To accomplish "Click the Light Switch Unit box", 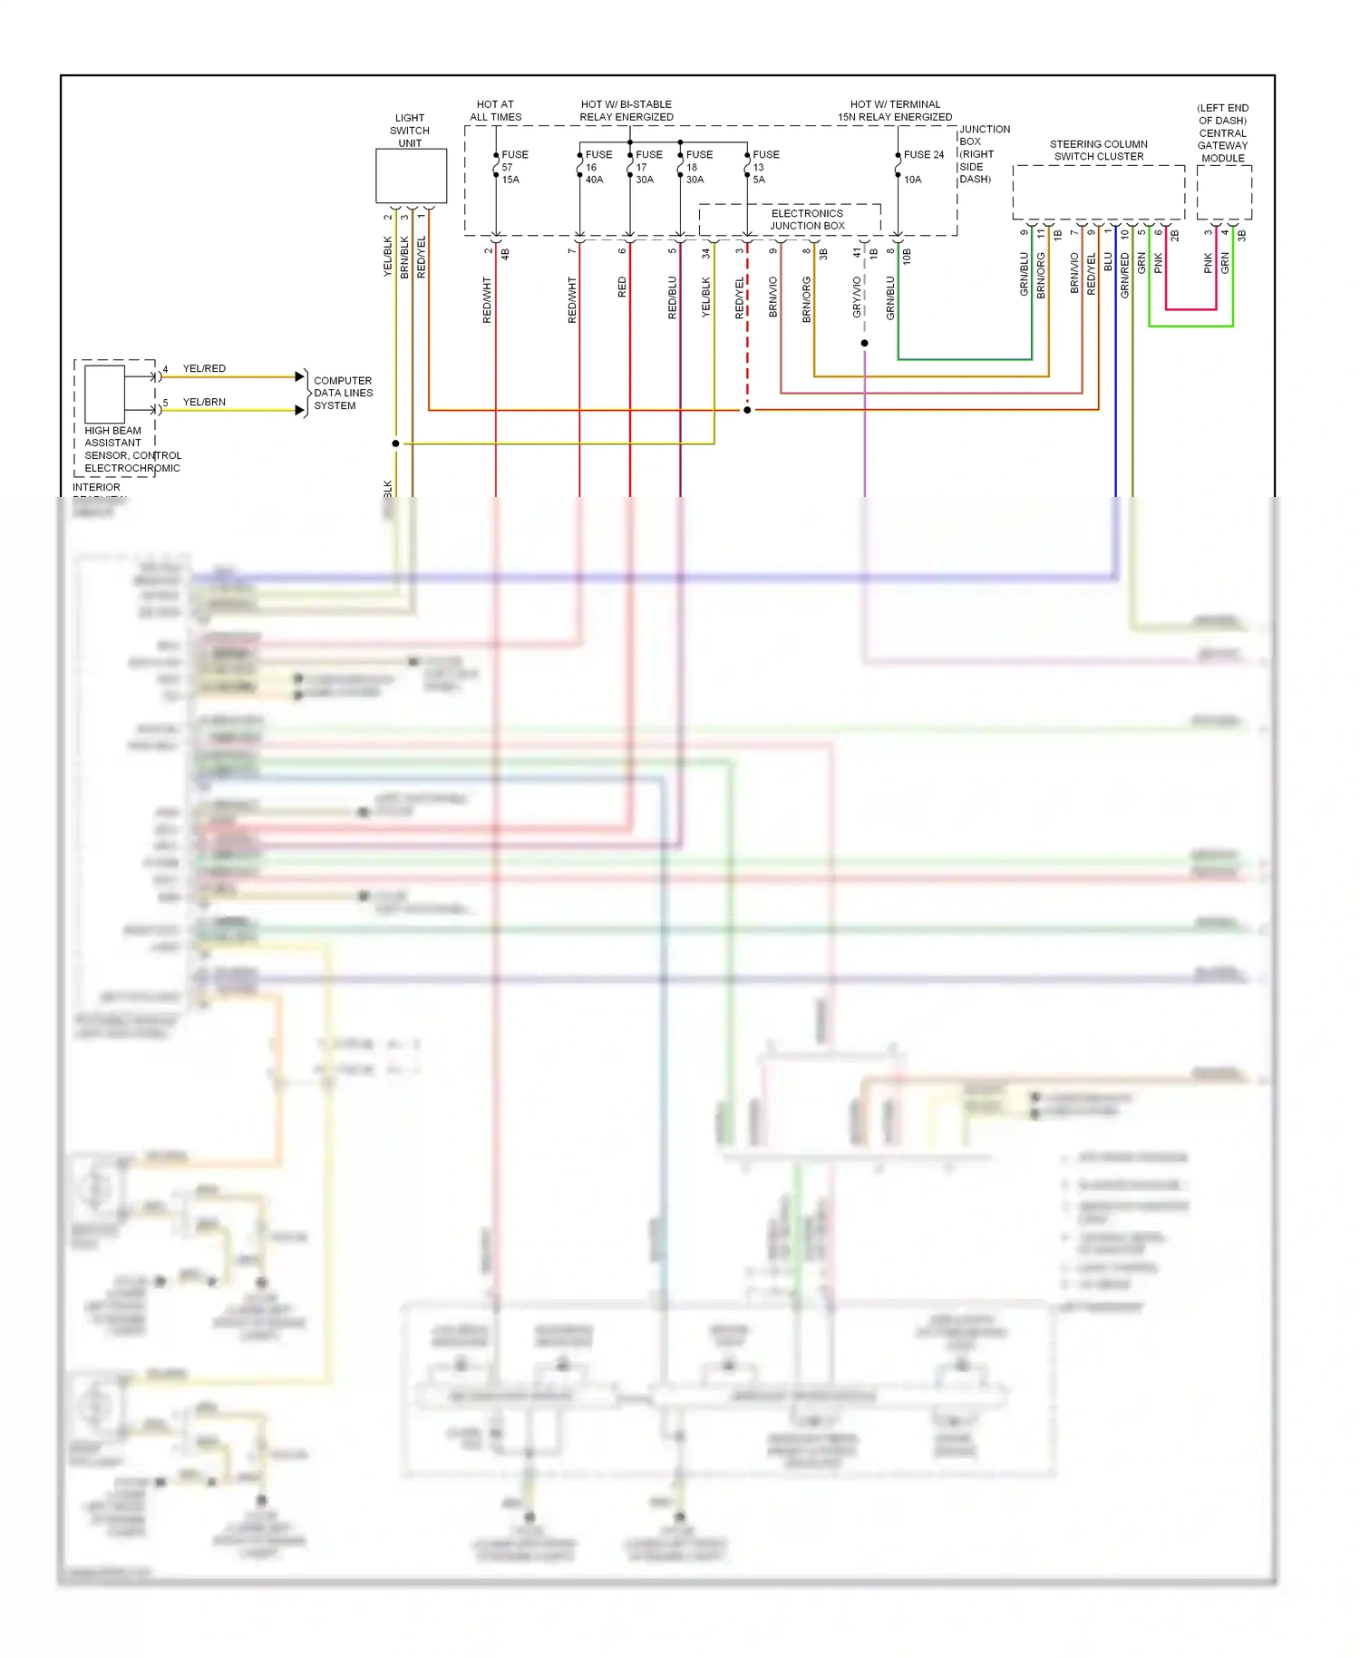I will point(411,176).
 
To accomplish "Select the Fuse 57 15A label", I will point(513,167).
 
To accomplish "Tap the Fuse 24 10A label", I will point(922,166).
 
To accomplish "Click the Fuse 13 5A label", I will point(764,167).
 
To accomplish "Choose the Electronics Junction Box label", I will point(807,219).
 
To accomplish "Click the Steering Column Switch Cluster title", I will point(1098,151).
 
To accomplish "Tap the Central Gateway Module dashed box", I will point(1223,192).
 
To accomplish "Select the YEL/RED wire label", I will point(204,368).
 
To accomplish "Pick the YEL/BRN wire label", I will point(204,402).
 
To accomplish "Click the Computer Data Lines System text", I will point(343,394).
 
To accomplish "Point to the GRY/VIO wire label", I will point(857,297).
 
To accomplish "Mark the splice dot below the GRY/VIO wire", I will point(864,344).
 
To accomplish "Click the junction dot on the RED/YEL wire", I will point(747,411).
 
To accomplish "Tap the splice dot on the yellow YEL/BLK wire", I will point(395,444).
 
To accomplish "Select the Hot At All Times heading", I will point(495,111).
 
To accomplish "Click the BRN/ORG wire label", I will point(806,299).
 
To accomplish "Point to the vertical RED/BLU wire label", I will point(672,297).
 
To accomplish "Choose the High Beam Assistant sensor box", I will point(104,394).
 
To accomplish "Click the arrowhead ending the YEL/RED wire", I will point(300,376).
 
